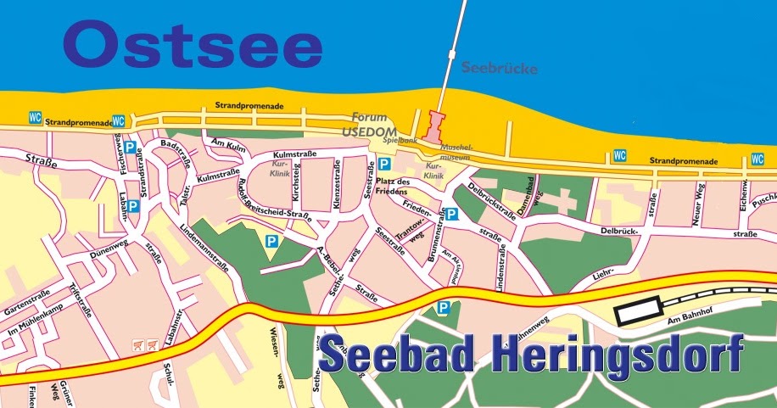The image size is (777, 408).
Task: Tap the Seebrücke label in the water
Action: coord(499,69)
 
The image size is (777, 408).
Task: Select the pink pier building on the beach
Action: coord(434,127)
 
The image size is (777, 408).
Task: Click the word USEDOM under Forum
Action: coord(369,131)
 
